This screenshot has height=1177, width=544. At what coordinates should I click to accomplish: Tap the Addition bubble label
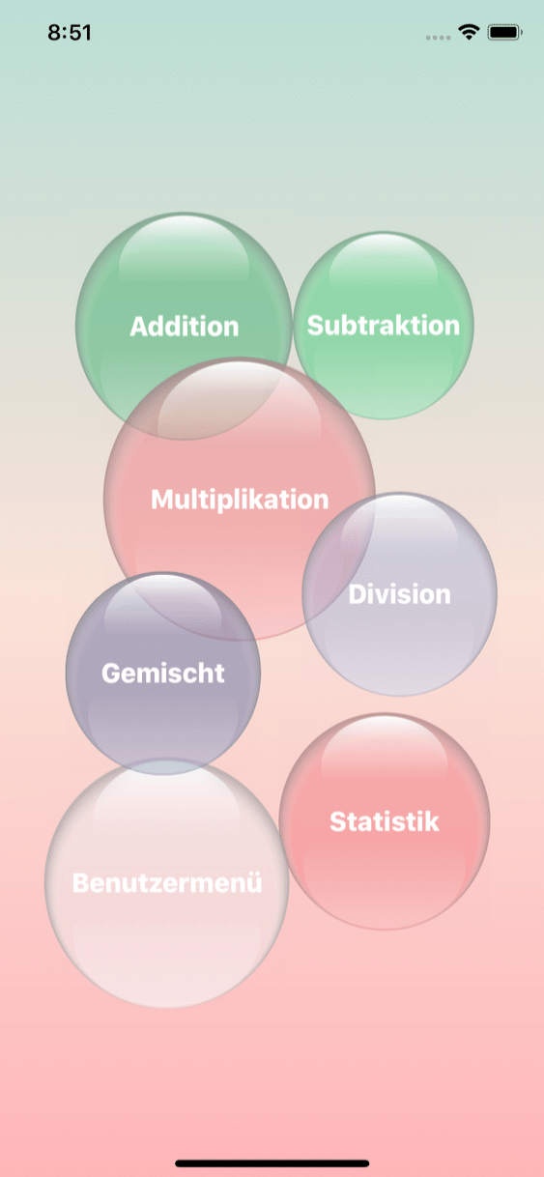point(185,327)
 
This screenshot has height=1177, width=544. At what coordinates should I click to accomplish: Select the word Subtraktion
point(384,326)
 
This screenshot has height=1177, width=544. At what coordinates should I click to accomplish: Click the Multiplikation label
point(240,500)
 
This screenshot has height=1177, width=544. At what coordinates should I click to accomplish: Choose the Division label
point(399,594)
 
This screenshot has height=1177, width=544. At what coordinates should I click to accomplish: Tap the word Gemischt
point(163,674)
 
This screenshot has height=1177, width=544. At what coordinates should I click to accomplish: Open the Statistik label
point(385,821)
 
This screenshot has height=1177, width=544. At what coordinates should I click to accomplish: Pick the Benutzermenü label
point(167,883)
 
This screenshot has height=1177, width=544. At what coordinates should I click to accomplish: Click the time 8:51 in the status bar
point(70,33)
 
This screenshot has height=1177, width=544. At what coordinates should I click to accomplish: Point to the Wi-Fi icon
point(469,32)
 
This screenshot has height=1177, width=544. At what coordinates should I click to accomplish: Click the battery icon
point(504,33)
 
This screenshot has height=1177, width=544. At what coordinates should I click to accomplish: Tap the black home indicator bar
point(272,1163)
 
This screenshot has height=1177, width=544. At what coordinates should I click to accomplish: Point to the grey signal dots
point(438,38)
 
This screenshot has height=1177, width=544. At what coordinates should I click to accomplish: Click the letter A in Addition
point(139,327)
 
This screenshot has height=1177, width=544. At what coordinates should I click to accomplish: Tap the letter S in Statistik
point(338,821)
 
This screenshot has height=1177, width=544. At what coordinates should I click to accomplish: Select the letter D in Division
point(357,594)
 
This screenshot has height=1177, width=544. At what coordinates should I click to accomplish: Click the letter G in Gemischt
point(111,674)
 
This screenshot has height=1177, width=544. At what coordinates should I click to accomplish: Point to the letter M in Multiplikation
point(162,500)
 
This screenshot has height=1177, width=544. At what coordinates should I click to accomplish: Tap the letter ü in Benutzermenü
point(254,883)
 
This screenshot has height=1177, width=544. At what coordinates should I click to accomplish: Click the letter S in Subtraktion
point(315,326)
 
